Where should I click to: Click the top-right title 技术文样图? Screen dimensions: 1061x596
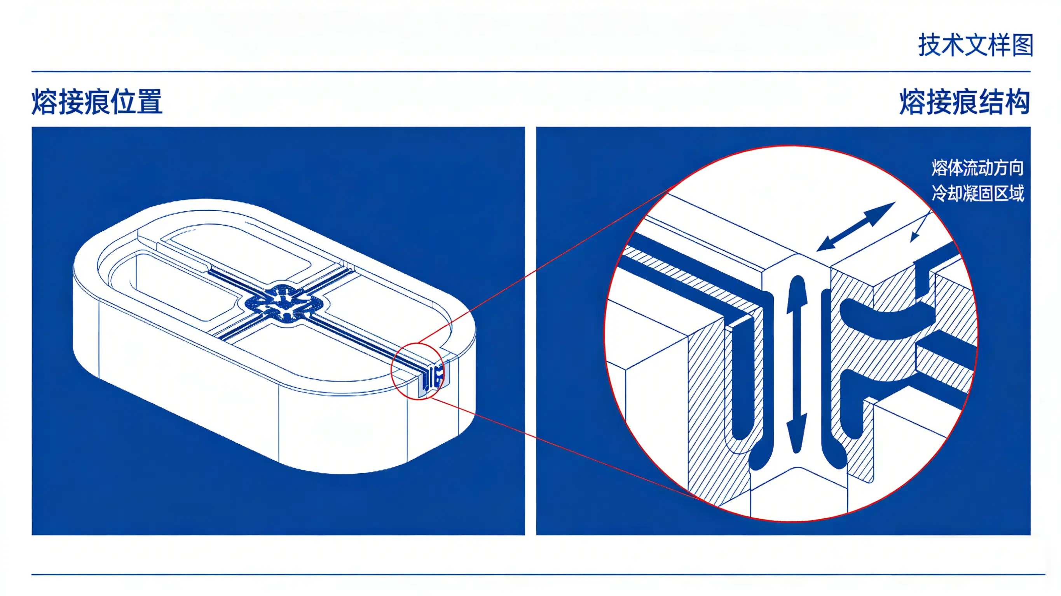pos(975,45)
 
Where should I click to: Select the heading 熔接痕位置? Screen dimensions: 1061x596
pos(97,101)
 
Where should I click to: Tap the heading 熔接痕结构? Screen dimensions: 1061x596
pos(965,101)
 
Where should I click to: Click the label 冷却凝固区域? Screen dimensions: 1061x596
pos(977,193)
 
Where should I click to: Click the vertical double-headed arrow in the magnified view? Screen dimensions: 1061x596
pos(797,364)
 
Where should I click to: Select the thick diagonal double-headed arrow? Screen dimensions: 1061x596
pos(856,226)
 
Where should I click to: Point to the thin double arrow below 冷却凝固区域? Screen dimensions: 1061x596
pos(920,226)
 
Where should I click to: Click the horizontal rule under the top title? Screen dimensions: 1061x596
pos(531,71)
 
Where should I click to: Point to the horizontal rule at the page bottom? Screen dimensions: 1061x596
pos(538,574)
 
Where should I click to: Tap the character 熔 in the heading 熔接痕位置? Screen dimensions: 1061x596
pos(44,101)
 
